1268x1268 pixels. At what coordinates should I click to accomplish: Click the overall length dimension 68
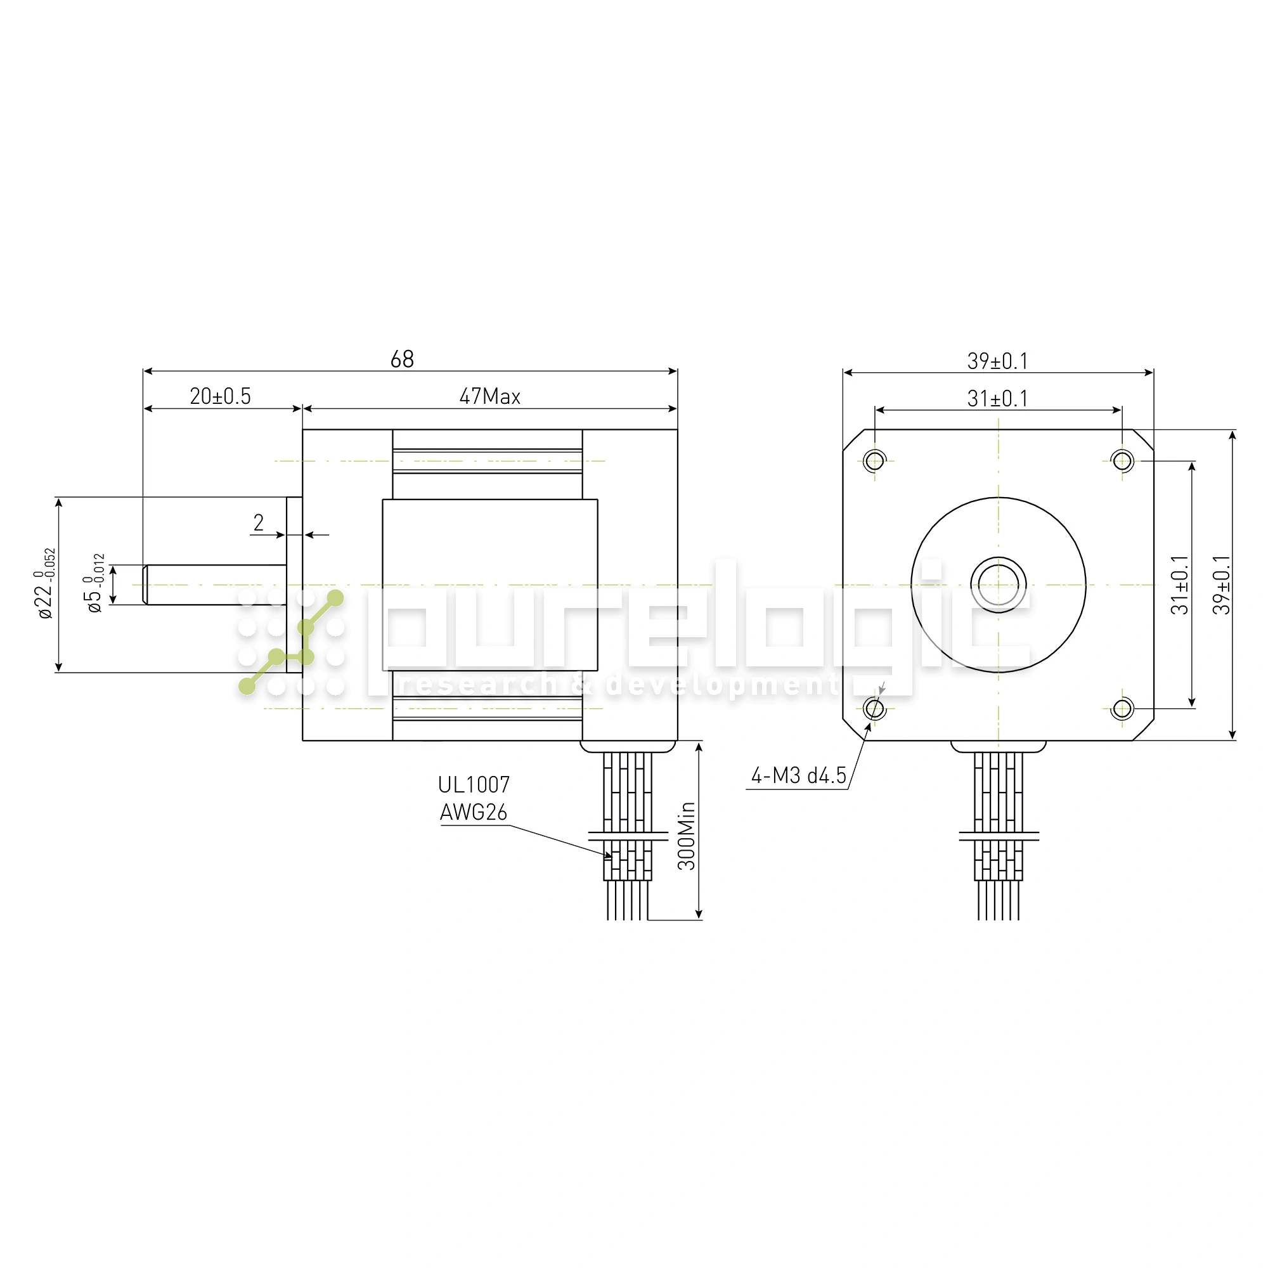[403, 359]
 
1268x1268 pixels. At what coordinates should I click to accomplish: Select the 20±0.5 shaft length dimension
[221, 396]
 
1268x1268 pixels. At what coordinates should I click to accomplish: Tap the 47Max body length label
[489, 396]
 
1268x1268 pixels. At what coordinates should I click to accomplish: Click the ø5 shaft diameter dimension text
[94, 583]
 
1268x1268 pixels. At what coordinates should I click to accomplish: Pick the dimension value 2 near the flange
[259, 522]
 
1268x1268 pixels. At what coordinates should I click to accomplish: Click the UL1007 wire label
[474, 784]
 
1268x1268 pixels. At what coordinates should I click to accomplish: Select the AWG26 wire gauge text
[474, 813]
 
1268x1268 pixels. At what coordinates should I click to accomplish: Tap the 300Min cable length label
[687, 836]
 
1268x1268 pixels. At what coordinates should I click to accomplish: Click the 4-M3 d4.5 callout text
[799, 776]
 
